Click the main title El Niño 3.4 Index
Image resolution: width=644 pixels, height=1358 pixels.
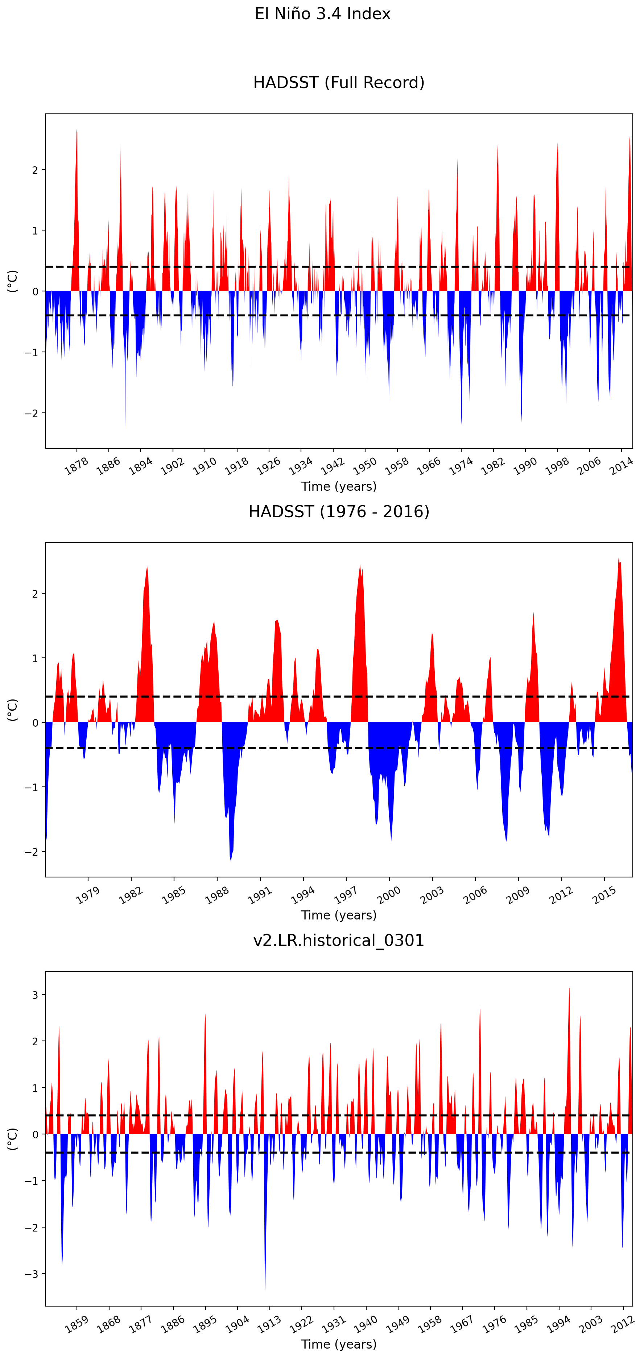(322, 14)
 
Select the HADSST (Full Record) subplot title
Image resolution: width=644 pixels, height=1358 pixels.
(339, 83)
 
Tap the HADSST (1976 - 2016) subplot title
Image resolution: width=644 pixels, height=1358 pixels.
(339, 511)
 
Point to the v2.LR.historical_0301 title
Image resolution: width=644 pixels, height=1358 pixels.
(339, 940)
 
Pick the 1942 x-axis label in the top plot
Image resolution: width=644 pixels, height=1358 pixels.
(332, 466)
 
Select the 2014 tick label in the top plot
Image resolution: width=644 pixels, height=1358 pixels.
(621, 466)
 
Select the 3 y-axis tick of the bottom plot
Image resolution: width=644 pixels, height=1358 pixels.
(35, 995)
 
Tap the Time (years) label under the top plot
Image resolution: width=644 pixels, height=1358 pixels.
(339, 487)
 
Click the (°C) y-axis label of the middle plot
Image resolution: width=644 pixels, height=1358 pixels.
(12, 710)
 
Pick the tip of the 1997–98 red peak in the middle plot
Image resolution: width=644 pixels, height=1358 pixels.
(360, 566)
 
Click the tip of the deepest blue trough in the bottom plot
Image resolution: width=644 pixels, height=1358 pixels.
(265, 1290)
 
